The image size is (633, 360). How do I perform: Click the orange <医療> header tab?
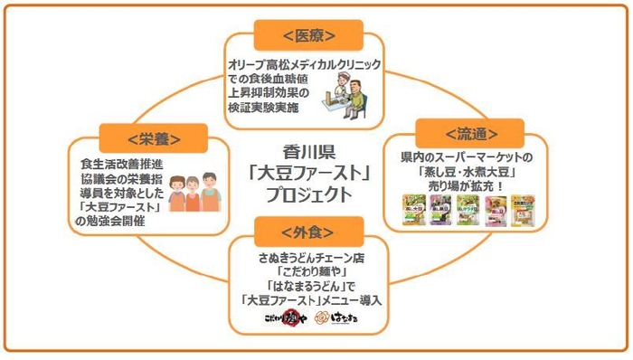click(309, 35)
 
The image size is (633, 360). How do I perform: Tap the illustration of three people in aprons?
click(196, 188)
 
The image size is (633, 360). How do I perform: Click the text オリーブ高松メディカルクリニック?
click(304, 65)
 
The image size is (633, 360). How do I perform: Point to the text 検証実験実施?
click(267, 109)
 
